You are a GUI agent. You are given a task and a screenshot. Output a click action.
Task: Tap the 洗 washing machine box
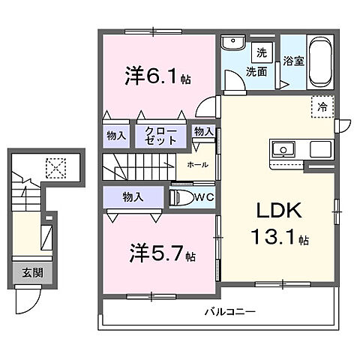point(262,53)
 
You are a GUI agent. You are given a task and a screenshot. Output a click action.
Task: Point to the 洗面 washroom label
point(257,72)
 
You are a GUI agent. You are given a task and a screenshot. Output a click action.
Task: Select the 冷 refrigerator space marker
point(321,106)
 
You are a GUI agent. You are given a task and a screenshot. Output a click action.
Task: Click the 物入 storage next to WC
point(134,197)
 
